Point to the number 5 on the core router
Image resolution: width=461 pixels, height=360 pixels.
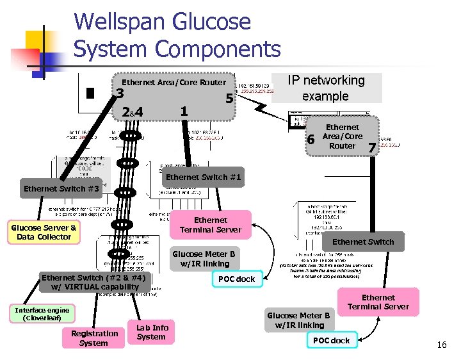[x=229, y=99]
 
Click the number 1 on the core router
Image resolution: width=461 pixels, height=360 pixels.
[x=184, y=111]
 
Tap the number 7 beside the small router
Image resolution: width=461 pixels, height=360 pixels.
[x=371, y=148]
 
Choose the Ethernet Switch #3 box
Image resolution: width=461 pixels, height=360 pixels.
[x=61, y=189]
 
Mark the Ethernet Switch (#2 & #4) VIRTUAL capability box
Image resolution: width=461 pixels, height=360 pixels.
[x=93, y=282]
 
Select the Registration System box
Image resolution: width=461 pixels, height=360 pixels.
[x=94, y=338]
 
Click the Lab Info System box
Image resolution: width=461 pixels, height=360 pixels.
[x=151, y=332]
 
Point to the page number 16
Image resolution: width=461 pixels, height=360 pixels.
[x=441, y=345]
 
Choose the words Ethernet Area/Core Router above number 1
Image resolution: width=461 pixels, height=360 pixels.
[x=174, y=82]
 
